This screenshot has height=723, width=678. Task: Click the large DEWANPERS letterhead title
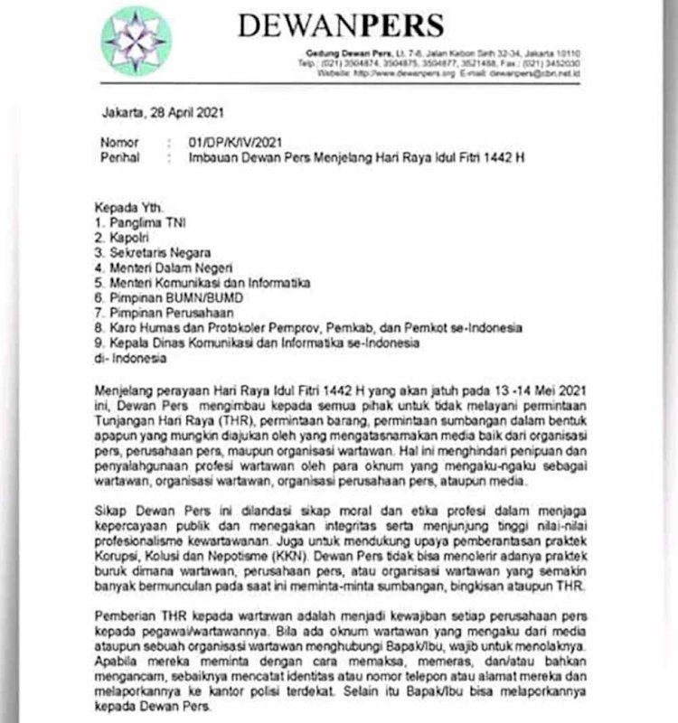pyautogui.click(x=341, y=24)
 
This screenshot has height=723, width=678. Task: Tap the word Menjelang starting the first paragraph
pyautogui.click(x=129, y=391)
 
